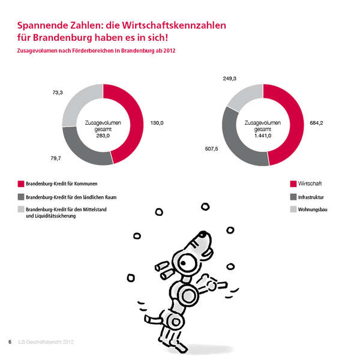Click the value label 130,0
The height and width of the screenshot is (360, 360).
click(157, 123)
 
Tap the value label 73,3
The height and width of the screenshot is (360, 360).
click(58, 92)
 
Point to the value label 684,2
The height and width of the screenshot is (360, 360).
click(316, 123)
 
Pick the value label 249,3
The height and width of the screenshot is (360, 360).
click(230, 79)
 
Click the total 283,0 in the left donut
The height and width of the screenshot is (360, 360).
click(103, 135)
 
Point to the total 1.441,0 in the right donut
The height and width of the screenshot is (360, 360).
click(262, 135)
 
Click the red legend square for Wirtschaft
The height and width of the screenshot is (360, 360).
click(293, 184)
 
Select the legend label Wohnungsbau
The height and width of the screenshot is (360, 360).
click(314, 209)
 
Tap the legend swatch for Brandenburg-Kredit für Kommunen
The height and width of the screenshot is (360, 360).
click(21, 184)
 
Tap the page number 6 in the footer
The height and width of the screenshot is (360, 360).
click(10, 342)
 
